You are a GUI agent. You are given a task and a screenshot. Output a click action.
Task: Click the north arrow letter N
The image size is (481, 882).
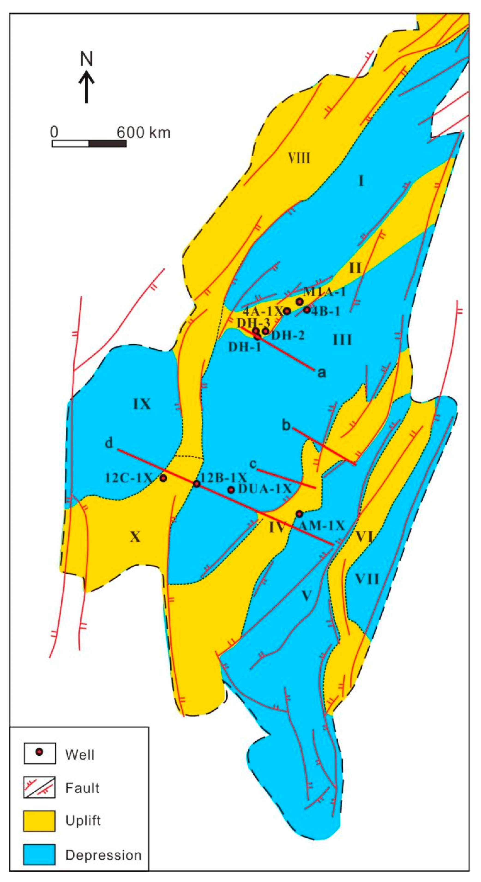click(87, 59)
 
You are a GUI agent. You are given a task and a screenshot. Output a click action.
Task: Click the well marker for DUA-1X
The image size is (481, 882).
click(231, 490)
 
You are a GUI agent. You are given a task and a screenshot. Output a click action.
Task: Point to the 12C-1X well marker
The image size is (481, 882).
click(164, 478)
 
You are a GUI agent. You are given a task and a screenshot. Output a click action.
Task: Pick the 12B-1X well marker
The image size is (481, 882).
click(197, 483)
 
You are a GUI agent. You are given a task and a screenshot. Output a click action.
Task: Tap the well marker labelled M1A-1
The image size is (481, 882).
click(300, 302)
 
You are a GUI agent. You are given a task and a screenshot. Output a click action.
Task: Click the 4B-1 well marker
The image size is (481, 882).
click(307, 310)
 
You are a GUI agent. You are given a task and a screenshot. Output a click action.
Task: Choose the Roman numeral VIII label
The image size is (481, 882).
click(299, 158)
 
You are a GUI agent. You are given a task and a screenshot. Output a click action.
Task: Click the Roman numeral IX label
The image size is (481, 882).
click(142, 404)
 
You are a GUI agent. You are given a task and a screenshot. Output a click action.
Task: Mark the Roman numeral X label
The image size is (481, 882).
click(135, 537)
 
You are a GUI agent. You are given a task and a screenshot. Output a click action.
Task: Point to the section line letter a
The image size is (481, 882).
click(322, 373)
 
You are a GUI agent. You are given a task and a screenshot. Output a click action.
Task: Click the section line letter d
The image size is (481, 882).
click(109, 443)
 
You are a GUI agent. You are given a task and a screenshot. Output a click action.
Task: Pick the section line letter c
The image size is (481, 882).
click(253, 464)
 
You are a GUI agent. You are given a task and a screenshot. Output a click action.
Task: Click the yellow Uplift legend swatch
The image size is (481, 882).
click(39, 821)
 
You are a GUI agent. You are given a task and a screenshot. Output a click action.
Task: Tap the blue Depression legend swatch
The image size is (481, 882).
click(39, 855)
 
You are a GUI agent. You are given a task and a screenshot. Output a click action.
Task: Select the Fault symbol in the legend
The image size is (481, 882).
click(39, 787)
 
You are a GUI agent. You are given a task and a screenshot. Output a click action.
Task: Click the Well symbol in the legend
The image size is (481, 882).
click(40, 753)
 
